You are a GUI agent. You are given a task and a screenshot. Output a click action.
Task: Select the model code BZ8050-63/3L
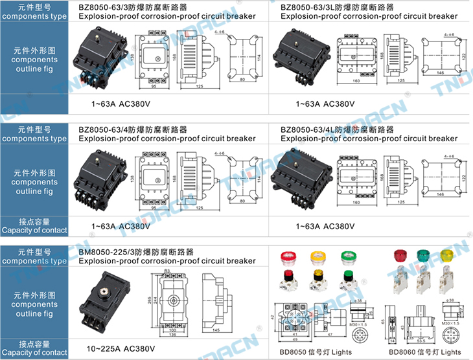point(307,7)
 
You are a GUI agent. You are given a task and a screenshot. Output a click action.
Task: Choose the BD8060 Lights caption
point(424,352)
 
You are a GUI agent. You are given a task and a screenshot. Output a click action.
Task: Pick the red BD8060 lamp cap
point(400,255)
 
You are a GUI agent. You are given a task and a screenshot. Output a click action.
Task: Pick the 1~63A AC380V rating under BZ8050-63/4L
point(325,226)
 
